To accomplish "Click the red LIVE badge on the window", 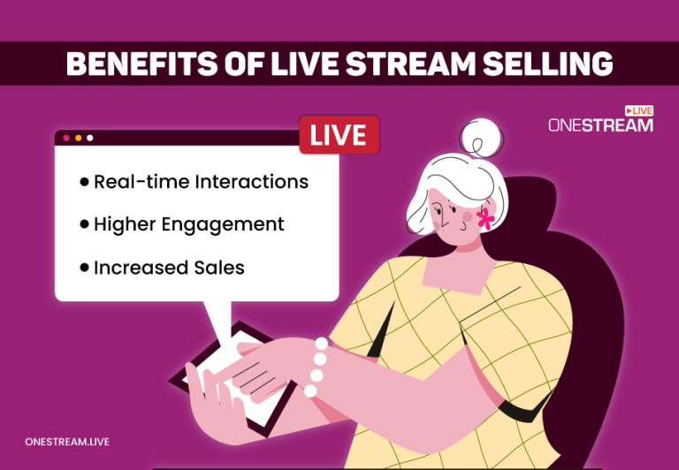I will (x=339, y=135).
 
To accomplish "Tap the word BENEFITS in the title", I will (x=136, y=64).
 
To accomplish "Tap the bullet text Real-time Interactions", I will (x=201, y=181).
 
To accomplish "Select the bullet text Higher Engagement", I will (x=188, y=224).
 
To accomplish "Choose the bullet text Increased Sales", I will (x=169, y=267).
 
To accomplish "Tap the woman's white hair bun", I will (x=480, y=139).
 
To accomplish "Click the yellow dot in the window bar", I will (x=78, y=138).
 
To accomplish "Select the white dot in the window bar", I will (x=90, y=138).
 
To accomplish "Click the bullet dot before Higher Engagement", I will (x=84, y=224).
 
